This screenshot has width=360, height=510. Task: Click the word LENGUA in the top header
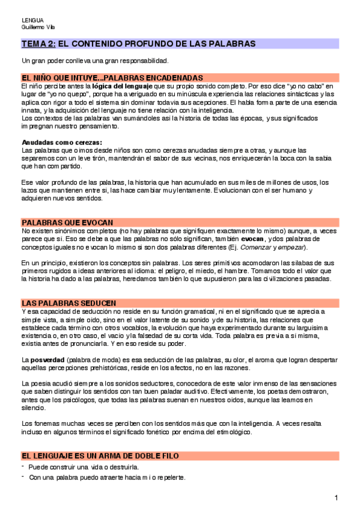(x=32, y=20)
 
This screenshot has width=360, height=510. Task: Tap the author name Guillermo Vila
(x=38, y=27)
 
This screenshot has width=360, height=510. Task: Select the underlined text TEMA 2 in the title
(x=39, y=44)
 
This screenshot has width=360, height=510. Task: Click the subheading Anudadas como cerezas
(x=53, y=142)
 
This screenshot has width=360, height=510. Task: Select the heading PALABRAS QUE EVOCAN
(x=67, y=223)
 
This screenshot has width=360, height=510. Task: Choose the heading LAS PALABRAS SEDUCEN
(x=69, y=303)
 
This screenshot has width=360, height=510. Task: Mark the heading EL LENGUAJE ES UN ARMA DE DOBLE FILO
(x=100, y=456)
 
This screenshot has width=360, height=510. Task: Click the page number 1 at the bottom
(x=337, y=497)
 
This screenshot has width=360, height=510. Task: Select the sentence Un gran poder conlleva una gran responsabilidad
(x=95, y=61)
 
